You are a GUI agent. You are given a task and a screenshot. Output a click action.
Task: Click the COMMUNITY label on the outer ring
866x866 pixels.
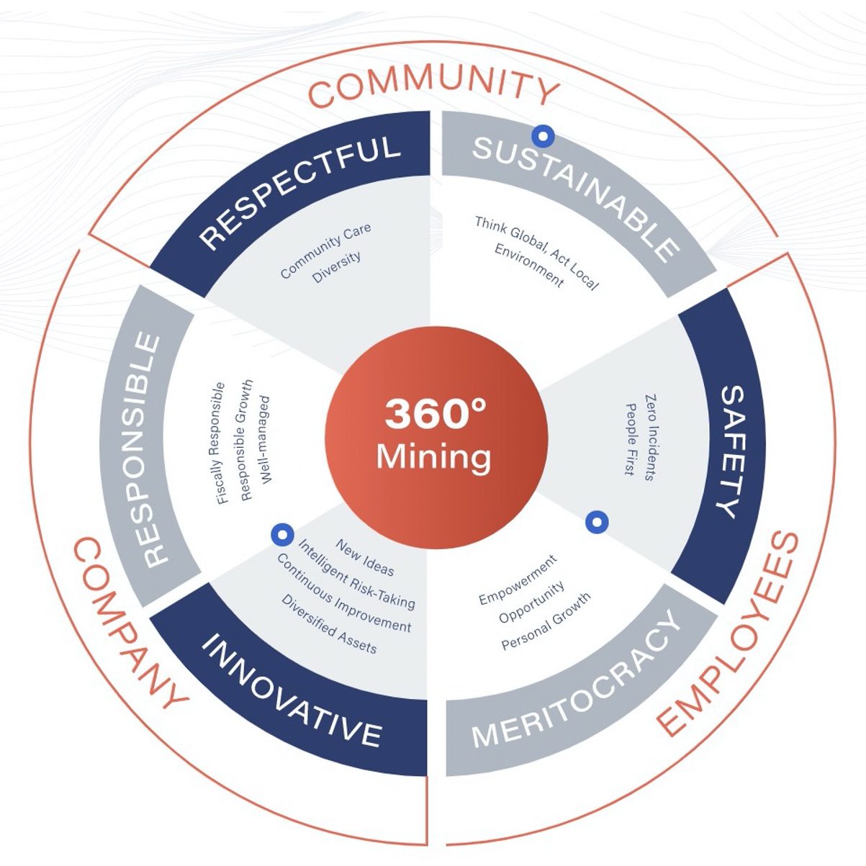434,85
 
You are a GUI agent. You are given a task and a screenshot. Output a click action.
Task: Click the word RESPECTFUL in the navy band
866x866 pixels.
299,190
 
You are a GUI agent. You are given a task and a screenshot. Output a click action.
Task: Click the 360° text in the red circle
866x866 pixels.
435,414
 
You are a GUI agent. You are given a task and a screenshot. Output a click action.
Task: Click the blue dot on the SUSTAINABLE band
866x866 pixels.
543,135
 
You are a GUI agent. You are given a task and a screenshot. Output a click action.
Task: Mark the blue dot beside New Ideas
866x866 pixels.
281,534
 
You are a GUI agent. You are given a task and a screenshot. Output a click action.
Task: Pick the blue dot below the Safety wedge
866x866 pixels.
597,523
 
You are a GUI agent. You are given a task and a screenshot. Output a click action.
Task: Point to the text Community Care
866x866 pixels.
325,251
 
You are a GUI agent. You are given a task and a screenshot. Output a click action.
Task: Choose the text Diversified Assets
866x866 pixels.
329,624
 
